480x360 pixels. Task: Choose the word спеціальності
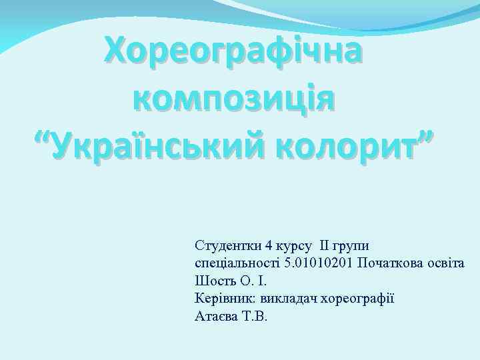click(x=237, y=263)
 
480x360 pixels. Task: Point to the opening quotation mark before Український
click(x=44, y=137)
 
